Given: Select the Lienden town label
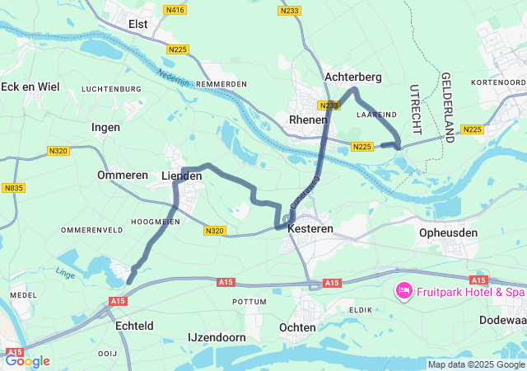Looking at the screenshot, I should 181,176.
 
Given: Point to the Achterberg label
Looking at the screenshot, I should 353,77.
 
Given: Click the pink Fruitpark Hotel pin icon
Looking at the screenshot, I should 404,291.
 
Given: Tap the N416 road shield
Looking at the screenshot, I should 175,10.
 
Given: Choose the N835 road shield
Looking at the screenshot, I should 13,188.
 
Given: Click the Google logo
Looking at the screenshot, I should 27,360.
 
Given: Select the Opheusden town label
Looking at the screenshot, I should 448,233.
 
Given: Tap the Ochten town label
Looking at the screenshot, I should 297,327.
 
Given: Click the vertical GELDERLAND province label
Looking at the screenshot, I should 448,107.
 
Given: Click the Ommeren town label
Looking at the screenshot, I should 122,176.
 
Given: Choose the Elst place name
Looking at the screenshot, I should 138,25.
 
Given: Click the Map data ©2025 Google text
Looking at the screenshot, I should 475,364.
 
